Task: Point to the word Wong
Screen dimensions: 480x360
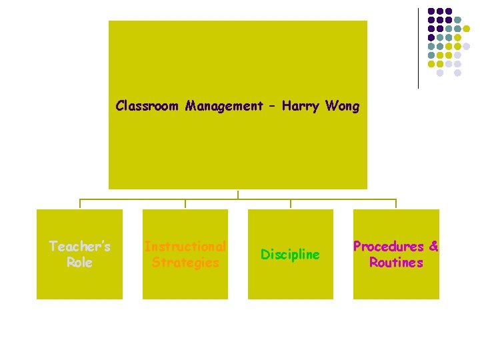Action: pyautogui.click(x=343, y=106)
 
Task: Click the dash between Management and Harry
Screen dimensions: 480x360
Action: pyautogui.click(x=273, y=107)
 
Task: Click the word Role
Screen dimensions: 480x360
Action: pyautogui.click(x=79, y=263)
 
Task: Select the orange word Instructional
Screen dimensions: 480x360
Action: pyautogui.click(x=185, y=247)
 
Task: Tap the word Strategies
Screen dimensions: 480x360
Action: pyautogui.click(x=185, y=263)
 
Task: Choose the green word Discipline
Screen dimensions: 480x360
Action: pyautogui.click(x=290, y=255)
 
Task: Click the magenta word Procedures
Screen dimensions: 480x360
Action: pyautogui.click(x=389, y=247)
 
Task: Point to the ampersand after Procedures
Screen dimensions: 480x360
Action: pyautogui.click(x=434, y=247)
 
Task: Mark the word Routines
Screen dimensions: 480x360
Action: pyautogui.click(x=396, y=263)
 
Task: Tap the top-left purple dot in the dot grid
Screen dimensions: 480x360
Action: pyautogui.click(x=431, y=11)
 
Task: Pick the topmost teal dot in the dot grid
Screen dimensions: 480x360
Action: pyautogui.click(x=458, y=20)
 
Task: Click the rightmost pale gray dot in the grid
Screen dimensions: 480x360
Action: pyautogui.click(x=467, y=47)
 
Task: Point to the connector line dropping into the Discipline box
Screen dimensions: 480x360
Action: pyautogui.click(x=291, y=204)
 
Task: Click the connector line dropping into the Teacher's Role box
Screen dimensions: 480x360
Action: pyautogui.click(x=80, y=204)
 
